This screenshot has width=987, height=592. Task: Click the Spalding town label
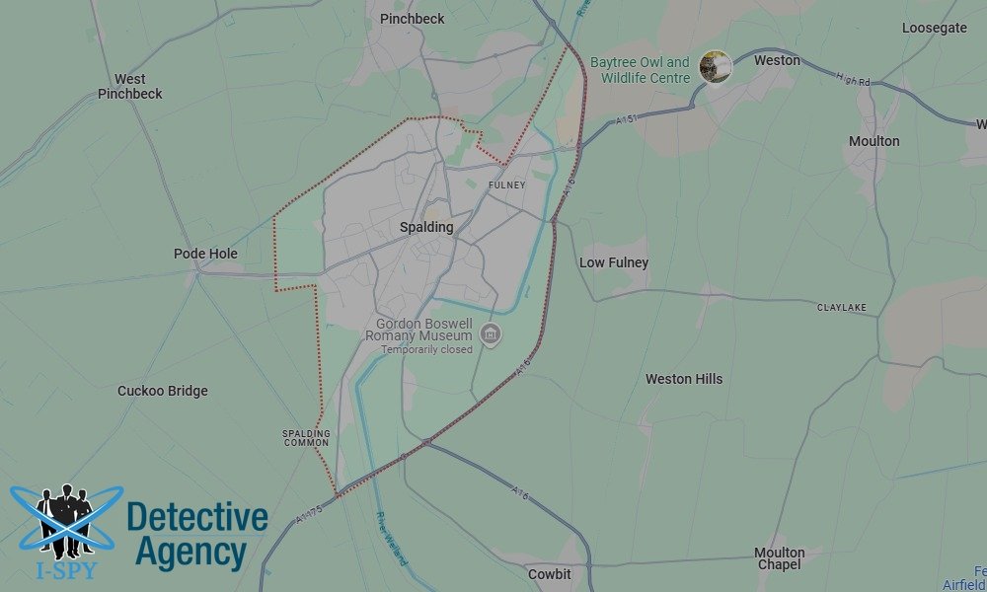(426, 227)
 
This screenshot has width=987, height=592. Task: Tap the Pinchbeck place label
(412, 19)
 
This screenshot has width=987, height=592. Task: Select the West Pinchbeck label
(129, 86)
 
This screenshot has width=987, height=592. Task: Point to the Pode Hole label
(205, 254)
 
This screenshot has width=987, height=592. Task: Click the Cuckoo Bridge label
(163, 391)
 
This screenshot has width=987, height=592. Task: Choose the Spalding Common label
(306, 438)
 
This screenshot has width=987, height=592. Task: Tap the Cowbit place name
(549, 573)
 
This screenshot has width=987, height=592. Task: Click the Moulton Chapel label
(780, 558)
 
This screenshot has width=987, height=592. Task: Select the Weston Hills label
(684, 379)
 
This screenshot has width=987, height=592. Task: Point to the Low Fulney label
(614, 262)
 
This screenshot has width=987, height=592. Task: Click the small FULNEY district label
(507, 185)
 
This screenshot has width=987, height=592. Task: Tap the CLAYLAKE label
(842, 308)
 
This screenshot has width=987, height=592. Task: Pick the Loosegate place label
(935, 28)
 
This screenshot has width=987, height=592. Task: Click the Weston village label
(777, 60)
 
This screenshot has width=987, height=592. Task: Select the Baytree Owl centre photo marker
(714, 66)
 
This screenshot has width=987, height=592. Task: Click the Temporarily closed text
(427, 349)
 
